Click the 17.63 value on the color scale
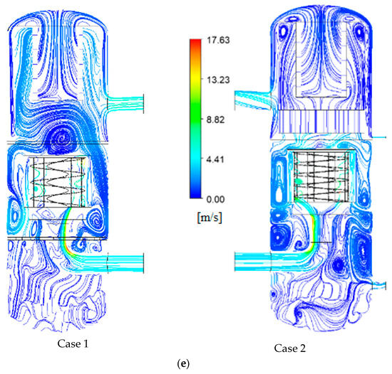[x=218, y=40]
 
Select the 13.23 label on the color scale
[x=218, y=80]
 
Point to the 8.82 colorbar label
[x=215, y=119]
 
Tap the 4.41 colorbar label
[x=215, y=159]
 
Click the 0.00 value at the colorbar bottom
[x=215, y=199]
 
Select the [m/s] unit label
[x=210, y=218]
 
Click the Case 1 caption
[x=73, y=344]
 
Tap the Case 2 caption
[x=290, y=348]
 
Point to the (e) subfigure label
[x=183, y=363]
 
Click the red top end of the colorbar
[x=195, y=41]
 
